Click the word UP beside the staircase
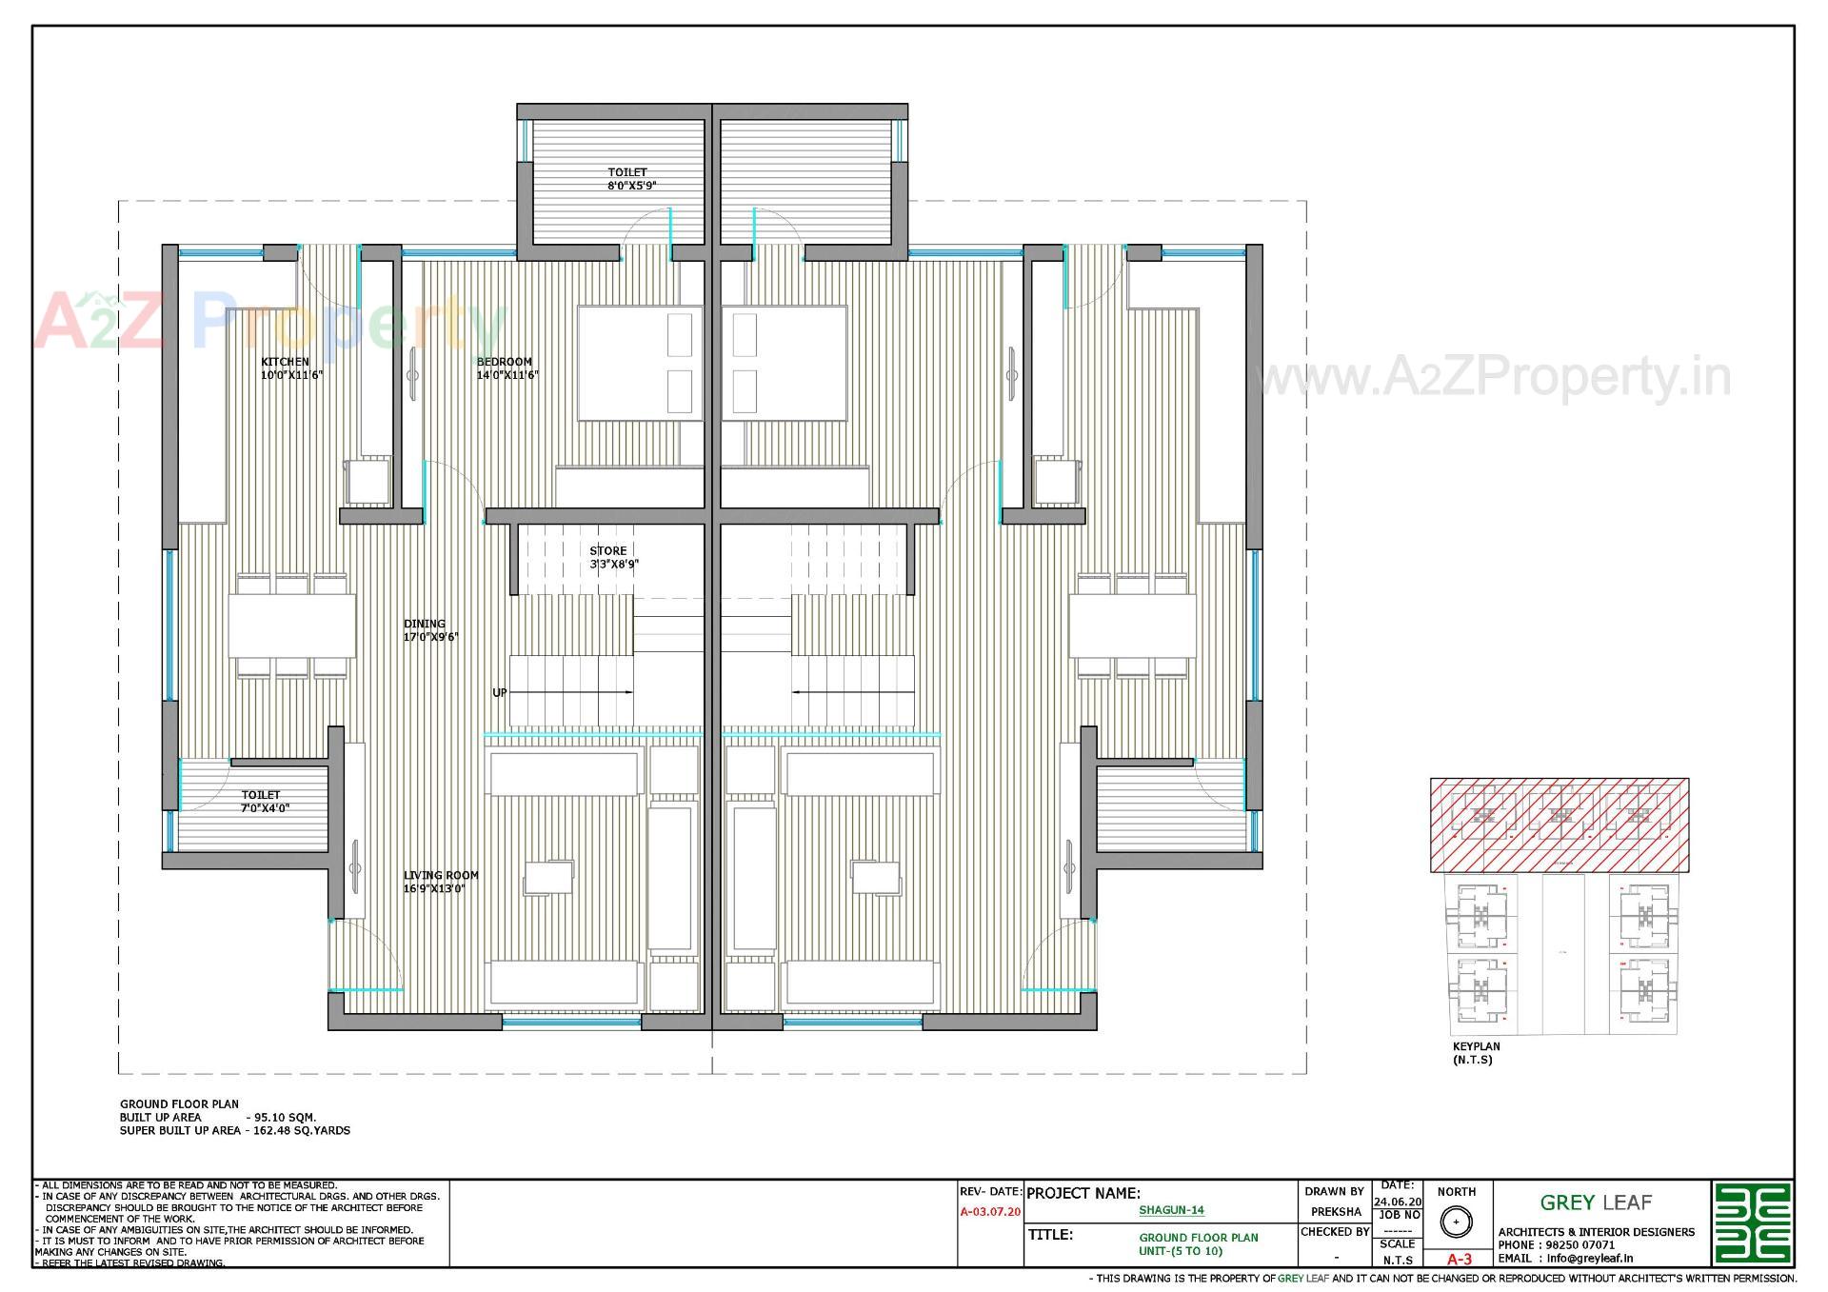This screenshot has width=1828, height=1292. click(500, 693)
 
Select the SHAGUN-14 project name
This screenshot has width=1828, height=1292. click(1171, 1210)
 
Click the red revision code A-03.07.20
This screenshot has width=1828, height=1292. click(990, 1212)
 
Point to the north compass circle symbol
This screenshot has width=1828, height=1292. click(1456, 1222)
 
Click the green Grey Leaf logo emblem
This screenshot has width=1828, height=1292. click(1752, 1222)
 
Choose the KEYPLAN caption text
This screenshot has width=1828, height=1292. click(1476, 1046)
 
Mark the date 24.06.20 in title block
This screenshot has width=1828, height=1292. click(1397, 1202)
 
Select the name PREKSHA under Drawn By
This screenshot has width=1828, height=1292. click(1335, 1212)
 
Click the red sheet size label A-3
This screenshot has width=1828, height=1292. click(1459, 1259)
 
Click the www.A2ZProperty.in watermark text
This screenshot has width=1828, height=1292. click(1490, 378)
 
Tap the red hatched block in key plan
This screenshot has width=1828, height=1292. click(1559, 825)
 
